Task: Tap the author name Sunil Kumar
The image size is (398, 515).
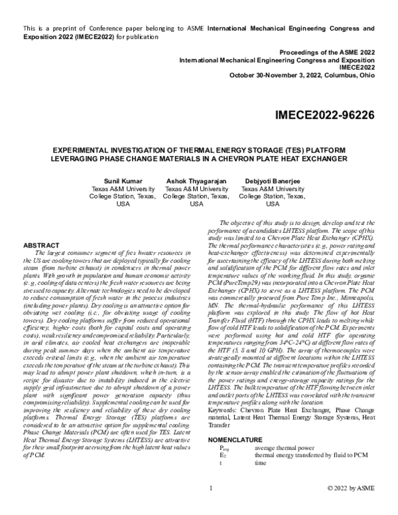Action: (x=123, y=181)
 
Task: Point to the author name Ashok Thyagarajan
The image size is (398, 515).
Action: (x=196, y=181)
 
